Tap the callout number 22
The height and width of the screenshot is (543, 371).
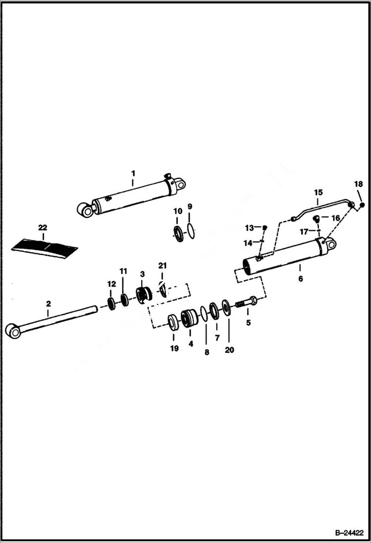click(43, 227)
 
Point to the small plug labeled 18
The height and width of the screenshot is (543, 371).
click(363, 205)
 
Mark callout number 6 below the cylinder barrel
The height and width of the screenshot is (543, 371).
click(300, 279)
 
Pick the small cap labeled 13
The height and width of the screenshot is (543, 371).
click(265, 227)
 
